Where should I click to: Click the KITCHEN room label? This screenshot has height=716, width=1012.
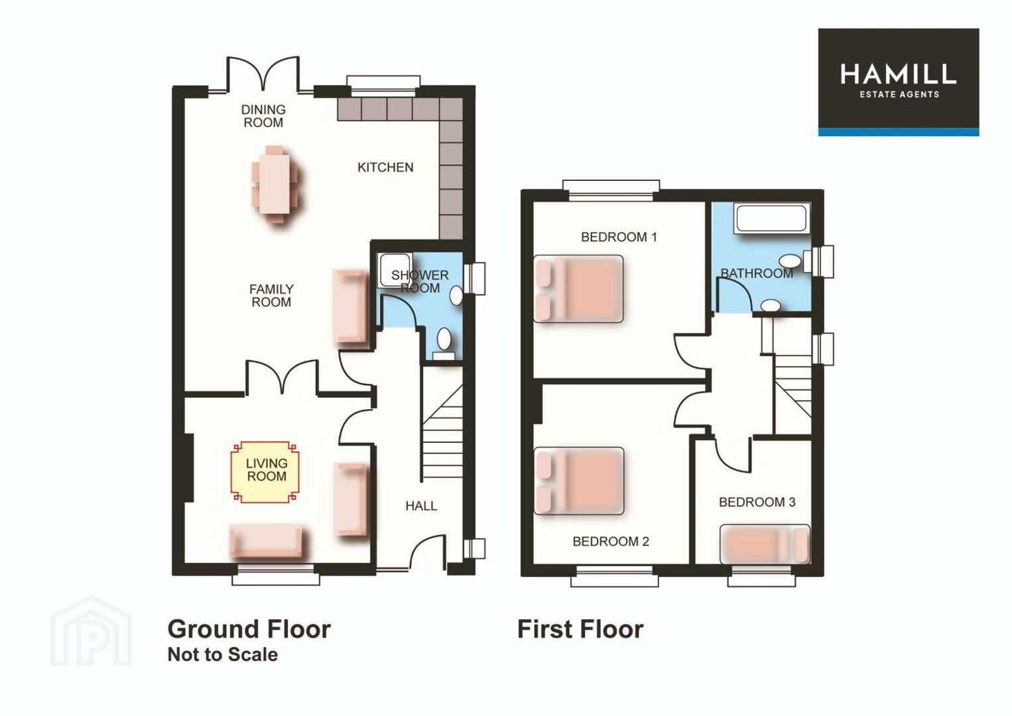tap(385, 168)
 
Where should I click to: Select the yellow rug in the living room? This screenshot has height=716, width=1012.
tap(265, 472)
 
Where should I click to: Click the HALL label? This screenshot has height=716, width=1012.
tap(421, 506)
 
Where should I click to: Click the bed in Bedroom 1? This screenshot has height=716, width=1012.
tap(578, 289)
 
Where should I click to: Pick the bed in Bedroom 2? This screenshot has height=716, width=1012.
tap(579, 481)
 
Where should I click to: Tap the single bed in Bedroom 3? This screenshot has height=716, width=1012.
tap(765, 544)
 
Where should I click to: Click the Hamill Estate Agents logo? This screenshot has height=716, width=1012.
tap(899, 82)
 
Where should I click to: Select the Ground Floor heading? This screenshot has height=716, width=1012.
tap(249, 629)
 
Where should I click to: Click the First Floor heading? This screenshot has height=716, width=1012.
tap(580, 629)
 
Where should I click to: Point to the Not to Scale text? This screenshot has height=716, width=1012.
tap(223, 654)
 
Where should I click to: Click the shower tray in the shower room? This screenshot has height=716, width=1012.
tap(394, 270)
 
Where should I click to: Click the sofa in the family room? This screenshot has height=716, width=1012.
tap(349, 306)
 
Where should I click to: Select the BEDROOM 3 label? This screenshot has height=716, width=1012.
tap(757, 503)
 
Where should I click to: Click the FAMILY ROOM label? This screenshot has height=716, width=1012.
tap(271, 296)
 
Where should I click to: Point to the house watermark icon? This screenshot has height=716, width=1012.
tap(91, 630)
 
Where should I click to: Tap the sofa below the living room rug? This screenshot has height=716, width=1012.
tap(265, 541)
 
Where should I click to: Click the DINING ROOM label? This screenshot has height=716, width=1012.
tap(263, 116)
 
